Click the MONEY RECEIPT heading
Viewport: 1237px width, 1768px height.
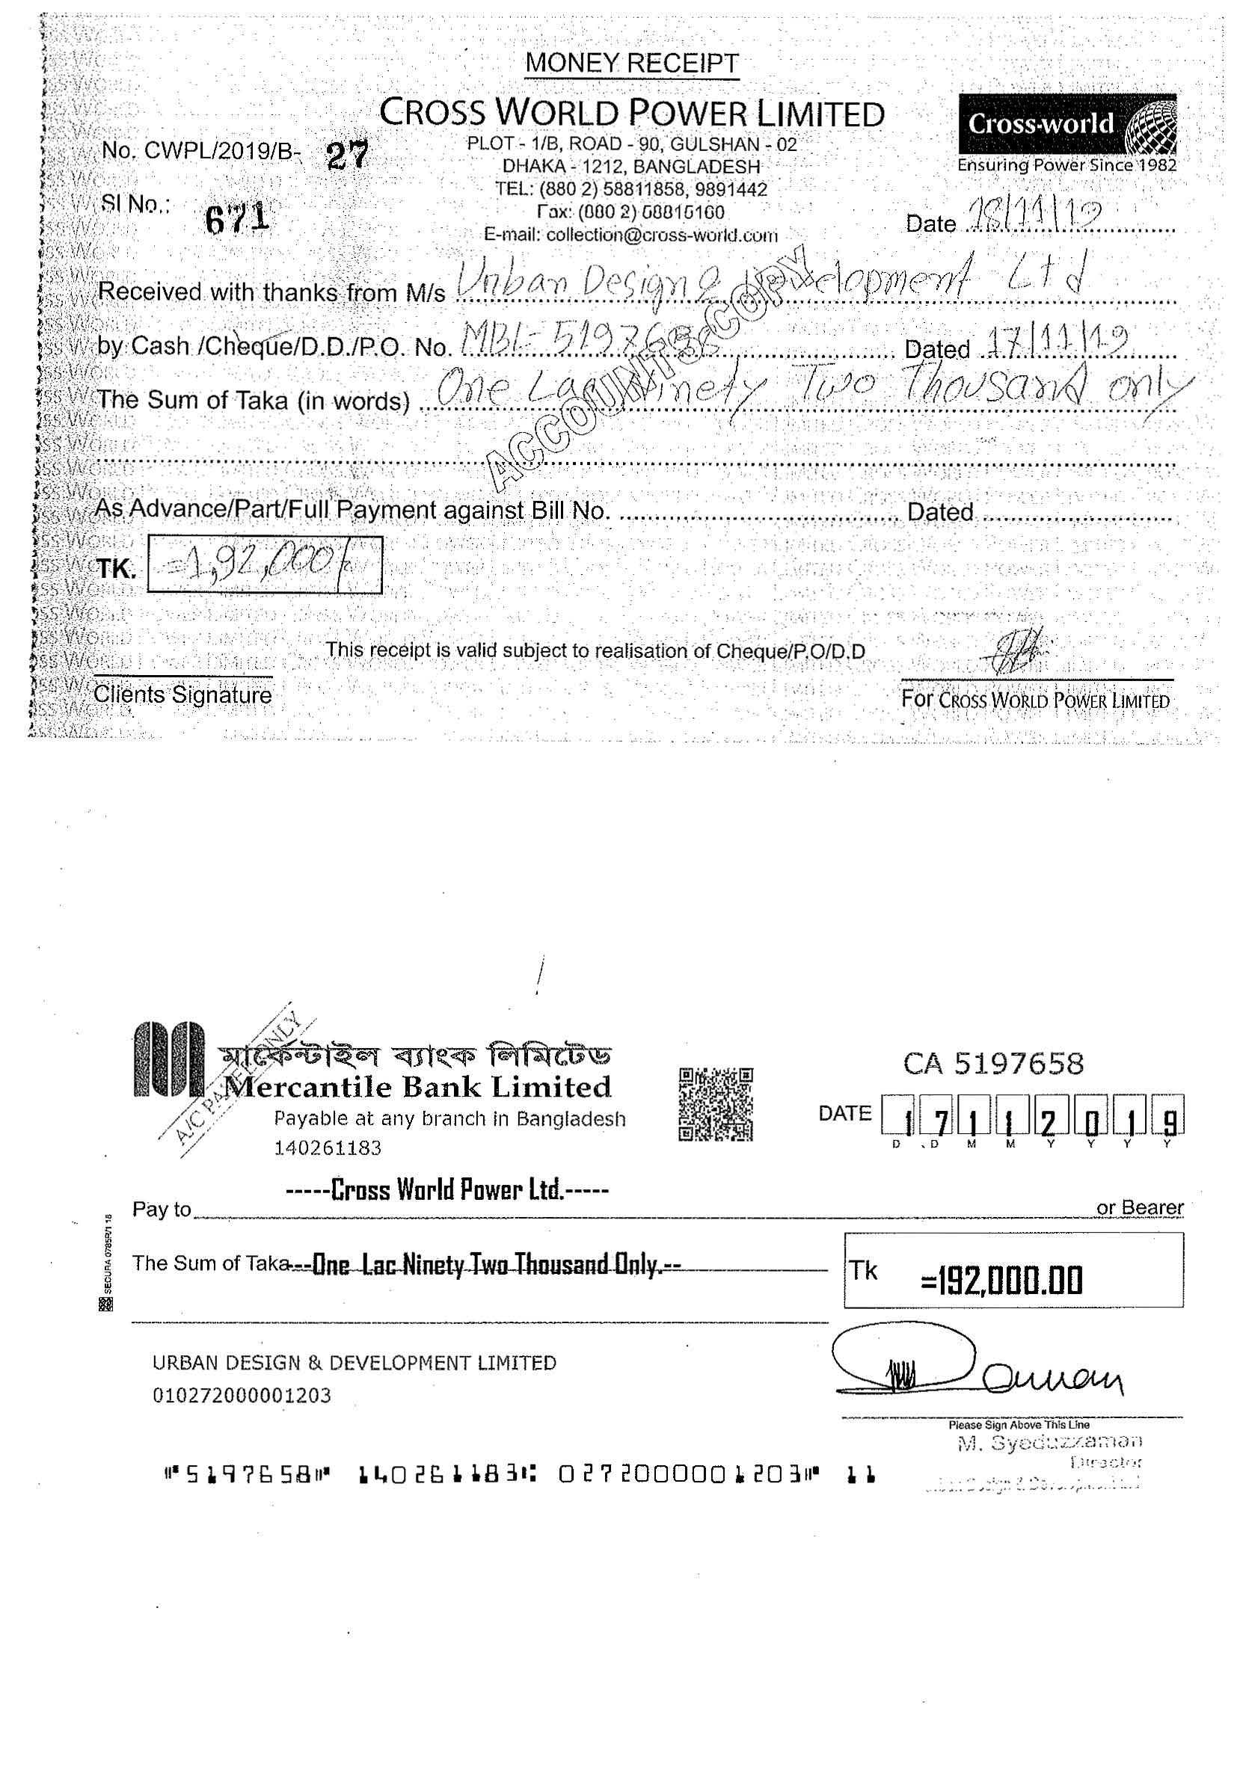[x=632, y=62]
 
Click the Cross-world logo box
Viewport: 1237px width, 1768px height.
[x=1066, y=123]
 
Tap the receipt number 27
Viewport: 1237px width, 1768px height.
[x=347, y=155]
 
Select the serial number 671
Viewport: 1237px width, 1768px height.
[x=237, y=218]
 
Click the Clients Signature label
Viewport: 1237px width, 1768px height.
[x=182, y=694]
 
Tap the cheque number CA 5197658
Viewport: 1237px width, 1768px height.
[x=993, y=1064]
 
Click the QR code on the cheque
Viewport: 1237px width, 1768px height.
[x=716, y=1103]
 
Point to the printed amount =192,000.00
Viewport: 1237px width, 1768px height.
[x=1001, y=1280]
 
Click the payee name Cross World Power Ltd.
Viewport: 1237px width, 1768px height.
[x=446, y=1189]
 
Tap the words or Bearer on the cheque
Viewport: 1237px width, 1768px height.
[x=1139, y=1207]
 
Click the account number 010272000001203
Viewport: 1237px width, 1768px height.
[x=242, y=1394]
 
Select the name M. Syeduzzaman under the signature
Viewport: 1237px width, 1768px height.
[x=1049, y=1442]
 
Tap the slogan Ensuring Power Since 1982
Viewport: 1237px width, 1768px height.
[x=1066, y=164]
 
